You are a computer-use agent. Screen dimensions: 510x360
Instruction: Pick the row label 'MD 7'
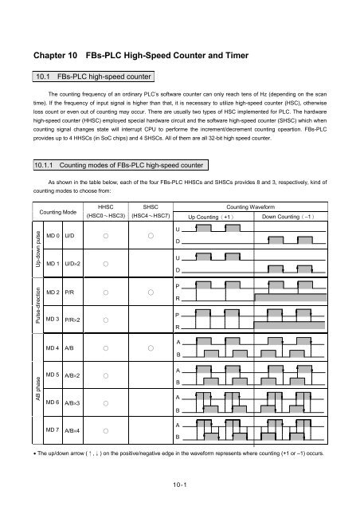click(x=52, y=430)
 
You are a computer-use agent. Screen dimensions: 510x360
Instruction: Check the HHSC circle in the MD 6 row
click(x=105, y=403)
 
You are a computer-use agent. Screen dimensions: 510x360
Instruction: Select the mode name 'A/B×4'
click(x=76, y=430)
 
